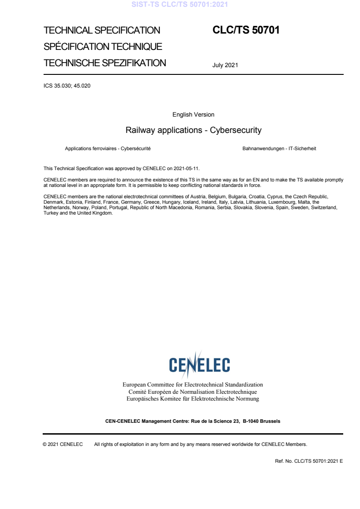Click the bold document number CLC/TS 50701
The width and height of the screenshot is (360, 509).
pyautogui.click(x=246, y=30)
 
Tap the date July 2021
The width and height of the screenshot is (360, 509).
pyautogui.click(x=225, y=65)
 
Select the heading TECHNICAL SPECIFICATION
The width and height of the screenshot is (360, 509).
pyautogui.click(x=102, y=30)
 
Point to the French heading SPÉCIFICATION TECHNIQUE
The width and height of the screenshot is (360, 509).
pyautogui.click(x=103, y=47)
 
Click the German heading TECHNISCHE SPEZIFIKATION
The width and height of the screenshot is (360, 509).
pyautogui.click(x=105, y=63)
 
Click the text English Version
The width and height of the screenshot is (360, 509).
pyautogui.click(x=193, y=115)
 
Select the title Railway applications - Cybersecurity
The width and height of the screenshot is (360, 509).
pyautogui.click(x=193, y=130)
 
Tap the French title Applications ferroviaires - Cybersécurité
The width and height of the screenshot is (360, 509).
pyautogui.click(x=108, y=148)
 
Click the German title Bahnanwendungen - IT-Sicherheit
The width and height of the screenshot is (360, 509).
pyautogui.click(x=279, y=148)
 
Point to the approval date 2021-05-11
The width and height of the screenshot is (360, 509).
pyautogui.click(x=187, y=168)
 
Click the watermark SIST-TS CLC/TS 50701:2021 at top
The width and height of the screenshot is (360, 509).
pyautogui.click(x=180, y=5)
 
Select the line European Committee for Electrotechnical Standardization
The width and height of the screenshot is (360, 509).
pyautogui.click(x=193, y=385)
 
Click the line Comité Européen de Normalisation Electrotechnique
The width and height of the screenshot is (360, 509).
pyautogui.click(x=193, y=392)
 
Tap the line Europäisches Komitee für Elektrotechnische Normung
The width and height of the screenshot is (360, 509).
pyautogui.click(x=193, y=399)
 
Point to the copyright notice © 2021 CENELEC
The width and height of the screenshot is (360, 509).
pyautogui.click(x=63, y=444)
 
